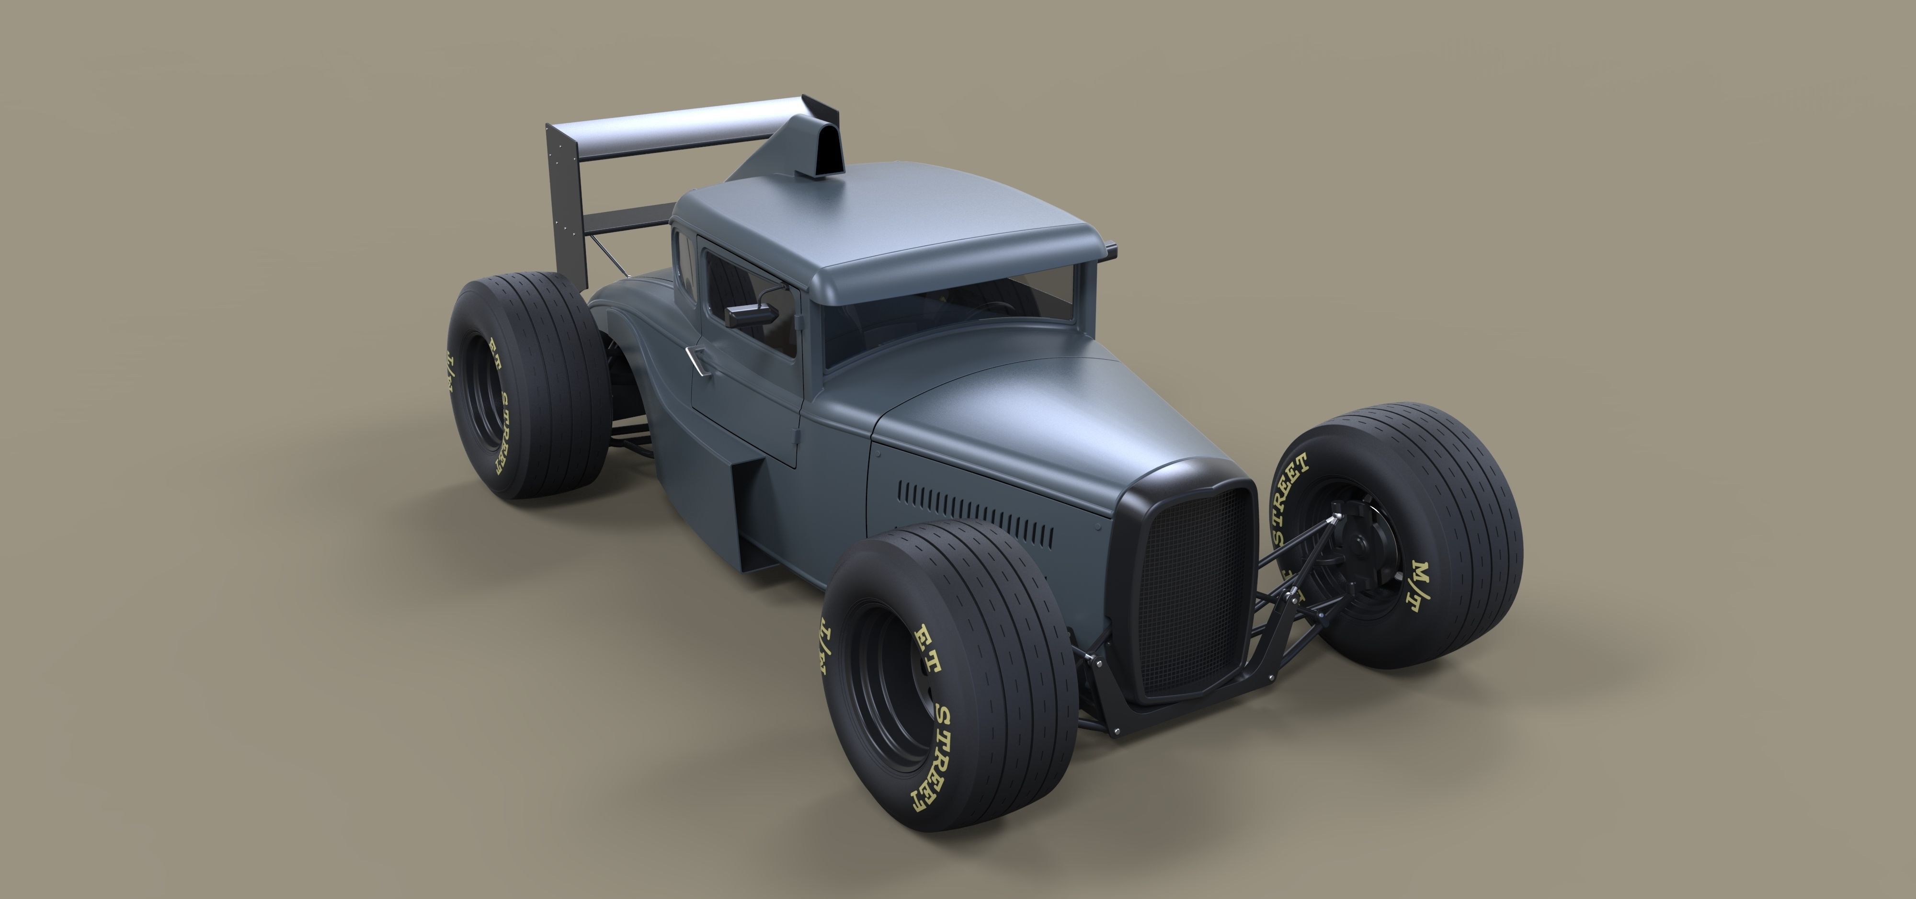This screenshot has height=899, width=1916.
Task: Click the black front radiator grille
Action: click(1190, 587)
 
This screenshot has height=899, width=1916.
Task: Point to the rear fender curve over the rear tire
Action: click(632, 312)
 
